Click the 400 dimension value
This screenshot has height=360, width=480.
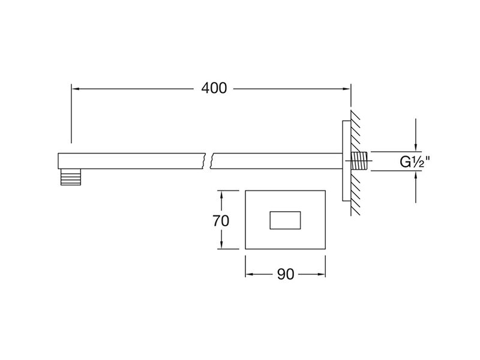click(x=214, y=88)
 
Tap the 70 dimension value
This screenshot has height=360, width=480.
click(x=221, y=221)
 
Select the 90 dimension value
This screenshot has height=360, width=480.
click(x=286, y=274)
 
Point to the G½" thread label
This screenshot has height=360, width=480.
click(x=415, y=161)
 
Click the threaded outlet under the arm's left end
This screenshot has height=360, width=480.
click(x=71, y=177)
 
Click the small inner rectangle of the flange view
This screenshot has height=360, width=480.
click(x=285, y=220)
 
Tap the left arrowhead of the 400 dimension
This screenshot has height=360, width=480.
click(x=76, y=89)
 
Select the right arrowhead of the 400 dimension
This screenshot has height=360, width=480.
click(x=347, y=89)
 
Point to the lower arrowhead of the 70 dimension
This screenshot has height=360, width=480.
click(x=221, y=244)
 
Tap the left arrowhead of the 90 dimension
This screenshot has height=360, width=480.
click(x=250, y=274)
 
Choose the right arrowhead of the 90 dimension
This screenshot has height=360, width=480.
click(x=321, y=274)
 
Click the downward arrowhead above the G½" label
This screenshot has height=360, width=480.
click(x=415, y=147)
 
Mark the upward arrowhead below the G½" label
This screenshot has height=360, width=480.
click(x=415, y=175)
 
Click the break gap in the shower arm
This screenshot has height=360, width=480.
click(x=208, y=161)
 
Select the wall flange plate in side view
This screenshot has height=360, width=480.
click(x=347, y=161)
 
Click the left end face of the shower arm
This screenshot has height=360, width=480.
click(x=58, y=161)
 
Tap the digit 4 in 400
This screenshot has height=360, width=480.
click(x=206, y=88)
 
